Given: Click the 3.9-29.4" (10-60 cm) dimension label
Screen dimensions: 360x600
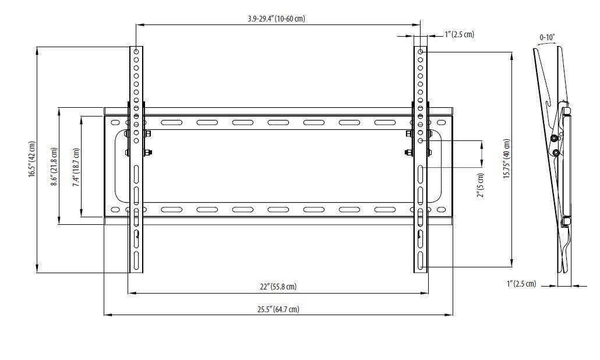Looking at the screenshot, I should [276, 19].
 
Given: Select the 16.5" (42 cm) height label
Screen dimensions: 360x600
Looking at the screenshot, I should [33, 159].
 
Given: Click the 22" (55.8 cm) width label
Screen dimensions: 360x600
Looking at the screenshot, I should [278, 287].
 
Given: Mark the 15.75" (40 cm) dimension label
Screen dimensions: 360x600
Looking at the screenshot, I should [507, 159].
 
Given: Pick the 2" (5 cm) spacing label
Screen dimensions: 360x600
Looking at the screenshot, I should [480, 185].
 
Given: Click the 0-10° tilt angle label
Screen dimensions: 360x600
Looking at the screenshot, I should [547, 37].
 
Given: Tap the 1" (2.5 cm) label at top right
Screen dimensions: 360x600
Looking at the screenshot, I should [459, 34].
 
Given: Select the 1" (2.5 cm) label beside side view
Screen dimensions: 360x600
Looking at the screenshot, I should [521, 284].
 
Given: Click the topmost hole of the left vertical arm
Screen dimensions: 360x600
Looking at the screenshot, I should [136, 52].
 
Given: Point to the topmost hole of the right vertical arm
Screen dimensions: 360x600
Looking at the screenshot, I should [421, 52].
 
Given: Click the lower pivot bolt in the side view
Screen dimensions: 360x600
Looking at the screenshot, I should [557, 153].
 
